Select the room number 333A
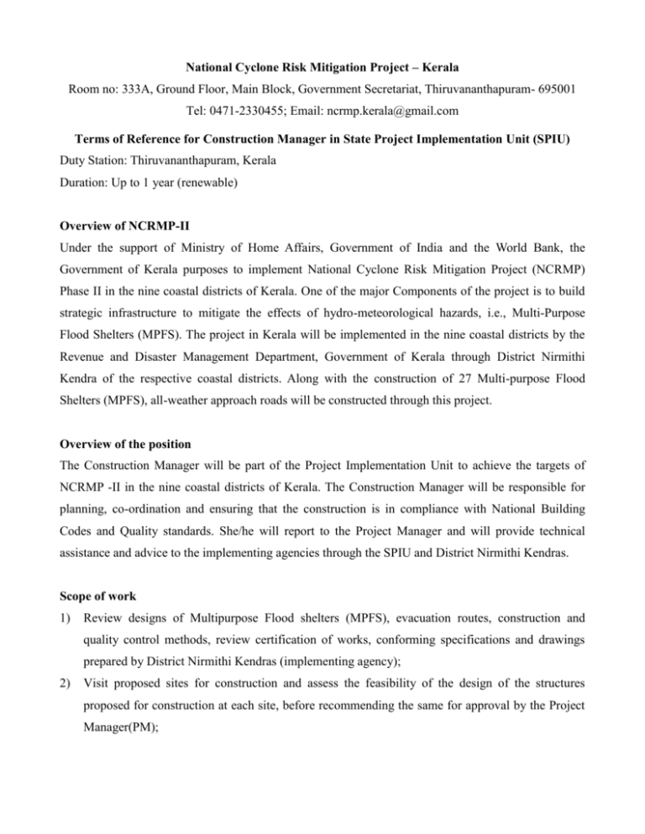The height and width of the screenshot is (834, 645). coord(154,64)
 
